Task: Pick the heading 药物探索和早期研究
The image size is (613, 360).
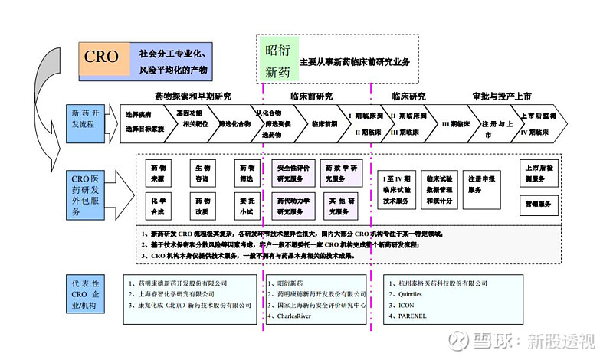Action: click(x=192, y=97)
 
